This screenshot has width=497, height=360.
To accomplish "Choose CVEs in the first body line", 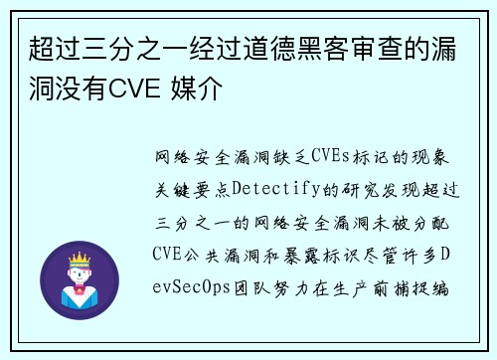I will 331,156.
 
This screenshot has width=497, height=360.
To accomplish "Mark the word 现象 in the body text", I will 433,156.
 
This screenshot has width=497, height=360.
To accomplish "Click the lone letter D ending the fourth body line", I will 445,254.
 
